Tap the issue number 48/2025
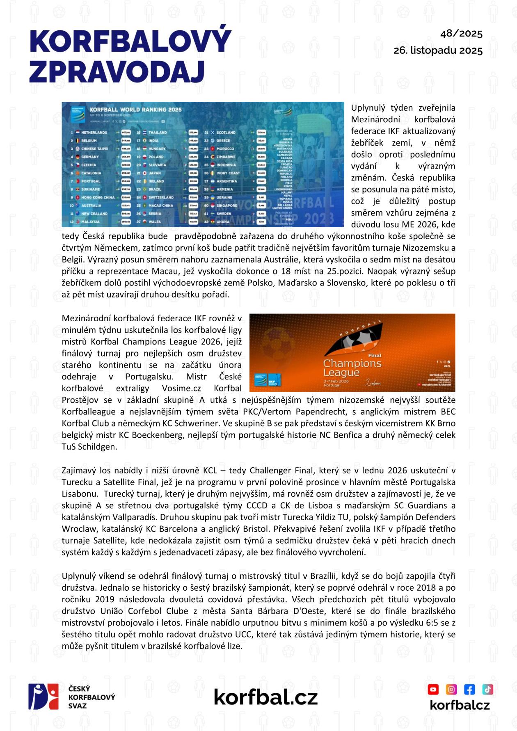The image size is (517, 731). pos(461,34)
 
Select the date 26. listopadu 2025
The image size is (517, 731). pos(438,50)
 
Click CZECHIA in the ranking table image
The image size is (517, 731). pos(89,165)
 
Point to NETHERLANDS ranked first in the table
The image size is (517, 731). pos(94,132)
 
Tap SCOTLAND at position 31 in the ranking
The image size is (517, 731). pos(226,132)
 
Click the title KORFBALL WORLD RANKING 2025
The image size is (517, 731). pos(135,110)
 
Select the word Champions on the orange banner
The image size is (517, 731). pos(352,363)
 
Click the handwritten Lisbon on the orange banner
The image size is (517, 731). pos(373,383)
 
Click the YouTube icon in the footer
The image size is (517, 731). pos(433,689)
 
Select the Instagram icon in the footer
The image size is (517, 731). pos(451,689)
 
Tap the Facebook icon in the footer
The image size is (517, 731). pos(469,689)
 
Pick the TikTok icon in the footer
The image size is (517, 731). pos(487,689)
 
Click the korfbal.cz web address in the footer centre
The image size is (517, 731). pos(265,697)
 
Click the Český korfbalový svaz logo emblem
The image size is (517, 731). pos(43,696)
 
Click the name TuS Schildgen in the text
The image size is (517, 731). pos(89,447)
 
